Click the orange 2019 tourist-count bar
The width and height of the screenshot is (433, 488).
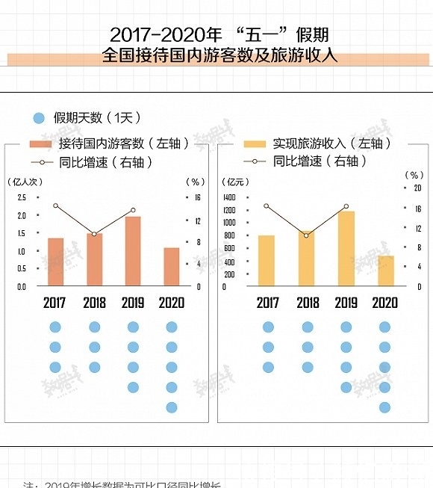tap(133, 251)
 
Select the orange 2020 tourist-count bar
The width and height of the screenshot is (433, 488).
tap(172, 267)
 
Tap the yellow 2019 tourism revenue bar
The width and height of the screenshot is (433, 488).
tap(346, 248)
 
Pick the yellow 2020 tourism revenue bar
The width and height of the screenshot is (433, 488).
tap(384, 271)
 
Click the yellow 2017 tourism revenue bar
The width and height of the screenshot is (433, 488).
tap(267, 260)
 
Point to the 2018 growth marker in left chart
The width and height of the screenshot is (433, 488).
tap(94, 234)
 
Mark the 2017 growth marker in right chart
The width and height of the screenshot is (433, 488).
tap(267, 206)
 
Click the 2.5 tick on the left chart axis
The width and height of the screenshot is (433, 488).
tap(21, 197)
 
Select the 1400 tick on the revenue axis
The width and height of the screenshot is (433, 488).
tap(229, 197)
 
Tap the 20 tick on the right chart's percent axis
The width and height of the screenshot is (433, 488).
tap(418, 188)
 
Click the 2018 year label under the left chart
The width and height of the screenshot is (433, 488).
tap(94, 303)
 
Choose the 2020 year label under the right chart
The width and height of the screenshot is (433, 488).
tap(384, 303)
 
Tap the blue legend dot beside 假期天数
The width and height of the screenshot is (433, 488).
tap(40, 118)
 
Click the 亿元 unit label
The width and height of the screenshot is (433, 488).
tap(235, 181)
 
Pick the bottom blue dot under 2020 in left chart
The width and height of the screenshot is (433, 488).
tap(172, 407)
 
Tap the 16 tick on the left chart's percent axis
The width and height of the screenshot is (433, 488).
tap(198, 197)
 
